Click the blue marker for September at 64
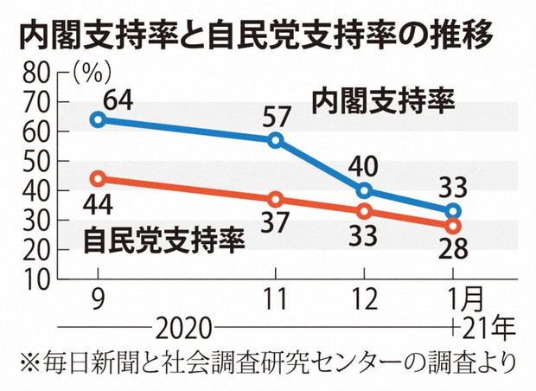click(x=98, y=119)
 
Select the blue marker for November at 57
click(x=276, y=140)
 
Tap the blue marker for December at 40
click(x=364, y=190)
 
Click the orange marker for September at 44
click(x=98, y=179)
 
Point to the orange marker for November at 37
click(x=276, y=200)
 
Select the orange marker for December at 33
click(x=364, y=211)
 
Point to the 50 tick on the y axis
click(x=35, y=162)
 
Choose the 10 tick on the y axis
click(x=35, y=279)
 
